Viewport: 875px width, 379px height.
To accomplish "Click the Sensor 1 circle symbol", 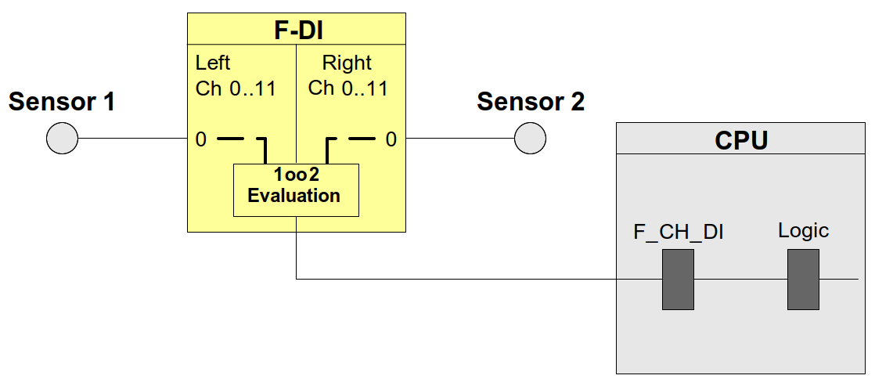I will point(63,140).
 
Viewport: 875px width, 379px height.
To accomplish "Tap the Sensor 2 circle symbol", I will point(530,140).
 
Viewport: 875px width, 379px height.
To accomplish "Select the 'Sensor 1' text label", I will point(62,102).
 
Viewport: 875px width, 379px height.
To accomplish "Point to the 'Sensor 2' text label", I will point(530,102).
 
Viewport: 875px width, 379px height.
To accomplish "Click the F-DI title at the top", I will point(297,30).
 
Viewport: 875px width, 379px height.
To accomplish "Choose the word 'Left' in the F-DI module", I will point(213,63).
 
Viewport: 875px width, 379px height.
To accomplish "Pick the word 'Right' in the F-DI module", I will point(347,63).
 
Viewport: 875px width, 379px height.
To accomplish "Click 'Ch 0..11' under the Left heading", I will point(236,88).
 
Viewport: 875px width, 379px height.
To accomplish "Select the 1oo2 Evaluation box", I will point(296,189).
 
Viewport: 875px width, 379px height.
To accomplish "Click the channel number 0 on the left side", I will point(201,140).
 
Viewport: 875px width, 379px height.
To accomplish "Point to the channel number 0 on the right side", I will point(391,140).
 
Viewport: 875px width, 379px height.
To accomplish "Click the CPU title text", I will point(741,140).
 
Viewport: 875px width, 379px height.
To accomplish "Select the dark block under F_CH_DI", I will point(678,279).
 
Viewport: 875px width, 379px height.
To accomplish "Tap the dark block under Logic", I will point(803,279).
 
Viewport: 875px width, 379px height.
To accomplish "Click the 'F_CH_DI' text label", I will point(678,233).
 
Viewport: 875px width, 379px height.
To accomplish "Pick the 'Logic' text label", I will point(803,231).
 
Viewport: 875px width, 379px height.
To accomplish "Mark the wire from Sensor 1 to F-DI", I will point(133,140).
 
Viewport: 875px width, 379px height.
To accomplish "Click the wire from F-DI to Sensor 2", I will point(460,140).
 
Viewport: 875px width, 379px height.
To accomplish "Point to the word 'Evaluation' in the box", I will point(294,196).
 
